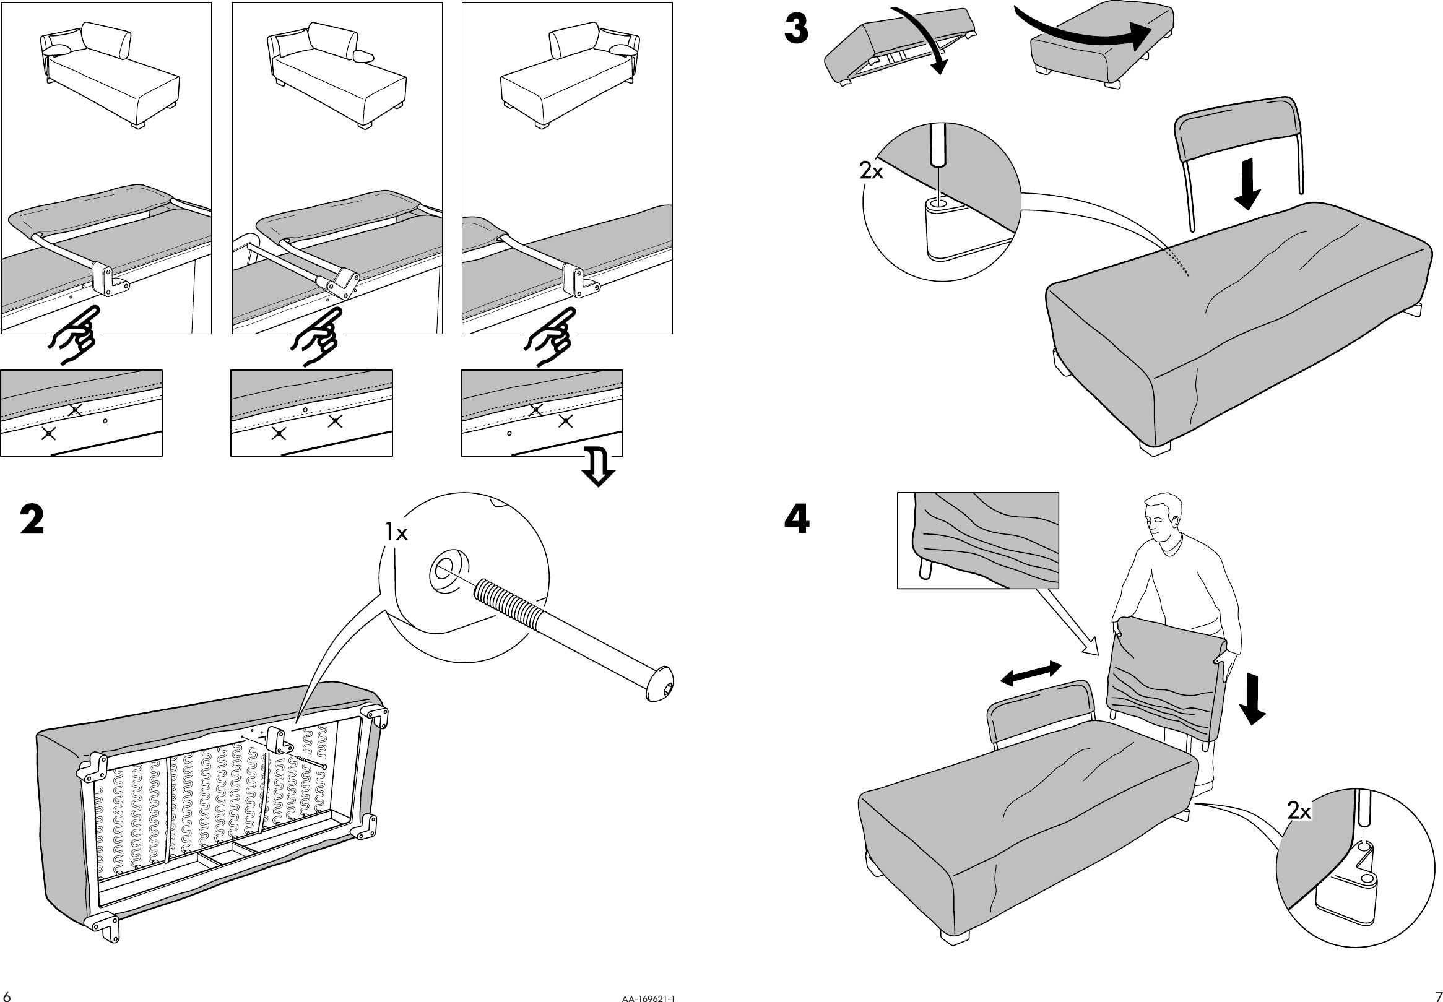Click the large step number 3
[x=797, y=30]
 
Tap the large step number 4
[x=797, y=519]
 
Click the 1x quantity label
[x=396, y=533]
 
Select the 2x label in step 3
[x=871, y=171]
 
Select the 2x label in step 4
[x=1299, y=811]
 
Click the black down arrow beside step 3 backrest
[x=1247, y=184]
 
